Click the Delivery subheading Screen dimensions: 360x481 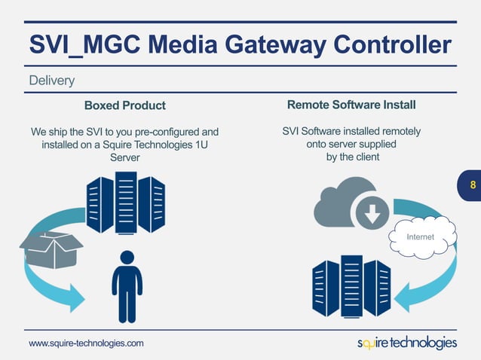click(x=51, y=80)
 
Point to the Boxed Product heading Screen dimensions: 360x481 click(x=124, y=105)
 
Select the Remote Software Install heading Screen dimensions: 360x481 click(x=351, y=104)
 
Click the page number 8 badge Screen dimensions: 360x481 click(x=472, y=185)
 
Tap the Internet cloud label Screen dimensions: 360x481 click(x=420, y=237)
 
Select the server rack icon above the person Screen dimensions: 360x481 click(x=126, y=202)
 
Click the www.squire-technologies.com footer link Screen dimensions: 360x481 click(x=86, y=343)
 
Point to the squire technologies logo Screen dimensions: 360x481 click(x=406, y=343)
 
